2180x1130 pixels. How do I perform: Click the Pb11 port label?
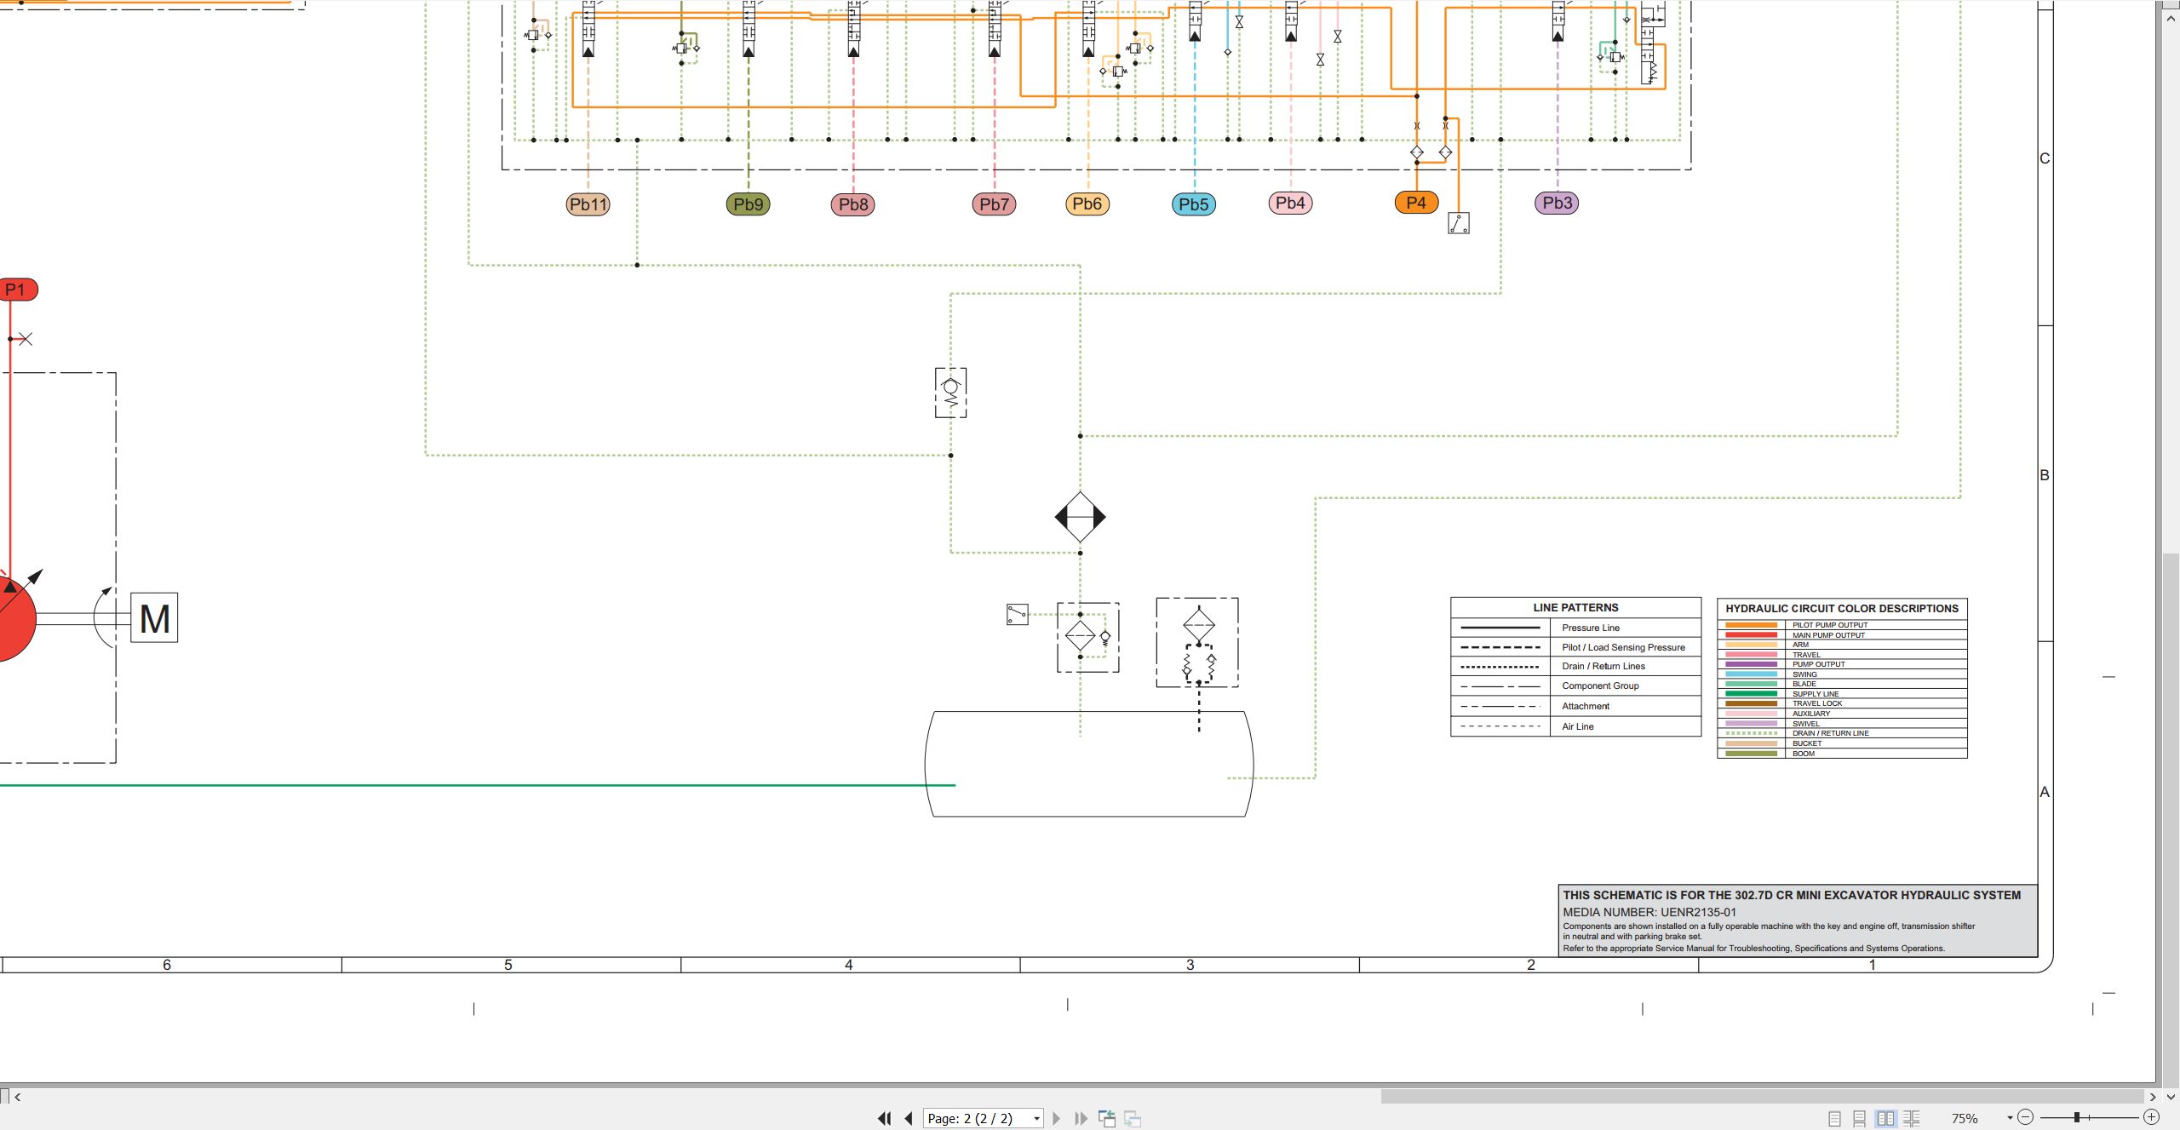[x=588, y=204]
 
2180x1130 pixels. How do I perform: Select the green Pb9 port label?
[x=748, y=204]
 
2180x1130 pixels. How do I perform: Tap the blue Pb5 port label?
[x=1194, y=204]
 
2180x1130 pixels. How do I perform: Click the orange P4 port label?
[x=1416, y=203]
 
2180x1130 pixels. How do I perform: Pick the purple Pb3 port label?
[x=1557, y=203]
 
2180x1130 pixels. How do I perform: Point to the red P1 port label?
[x=17, y=290]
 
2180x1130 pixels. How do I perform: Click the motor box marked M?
[x=154, y=618]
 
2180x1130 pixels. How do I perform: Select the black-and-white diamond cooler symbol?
[x=1080, y=517]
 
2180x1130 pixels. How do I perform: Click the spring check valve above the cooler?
[x=950, y=393]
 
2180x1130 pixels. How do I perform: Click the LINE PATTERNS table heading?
[x=1575, y=608]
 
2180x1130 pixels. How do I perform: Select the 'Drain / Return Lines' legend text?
[x=1603, y=666]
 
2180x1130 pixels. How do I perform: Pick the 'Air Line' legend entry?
[x=1577, y=726]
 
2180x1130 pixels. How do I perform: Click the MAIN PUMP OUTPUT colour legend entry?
[x=1828, y=635]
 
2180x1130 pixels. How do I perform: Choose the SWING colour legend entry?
[x=1804, y=674]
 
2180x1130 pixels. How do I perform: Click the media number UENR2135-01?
[x=1698, y=912]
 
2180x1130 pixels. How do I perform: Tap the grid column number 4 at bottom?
[x=849, y=965]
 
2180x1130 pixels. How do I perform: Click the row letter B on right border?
[x=2044, y=475]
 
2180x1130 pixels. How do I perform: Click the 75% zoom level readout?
[x=1965, y=1118]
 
